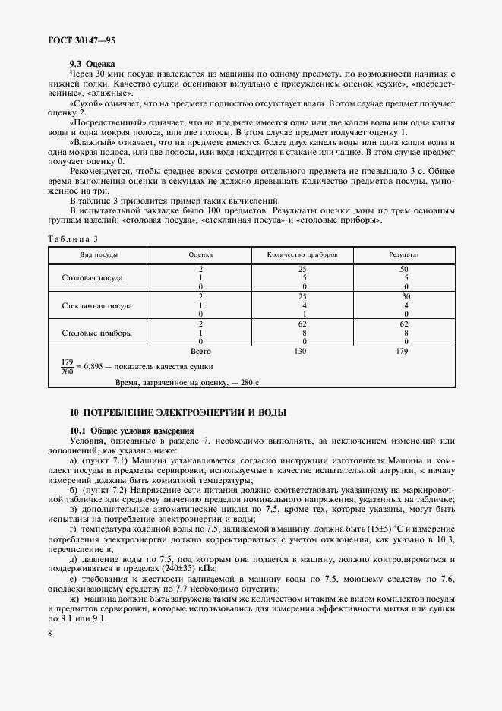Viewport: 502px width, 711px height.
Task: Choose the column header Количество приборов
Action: click(x=302, y=254)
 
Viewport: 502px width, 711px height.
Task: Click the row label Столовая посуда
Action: click(x=92, y=278)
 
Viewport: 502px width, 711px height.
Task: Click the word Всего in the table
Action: click(x=200, y=352)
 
